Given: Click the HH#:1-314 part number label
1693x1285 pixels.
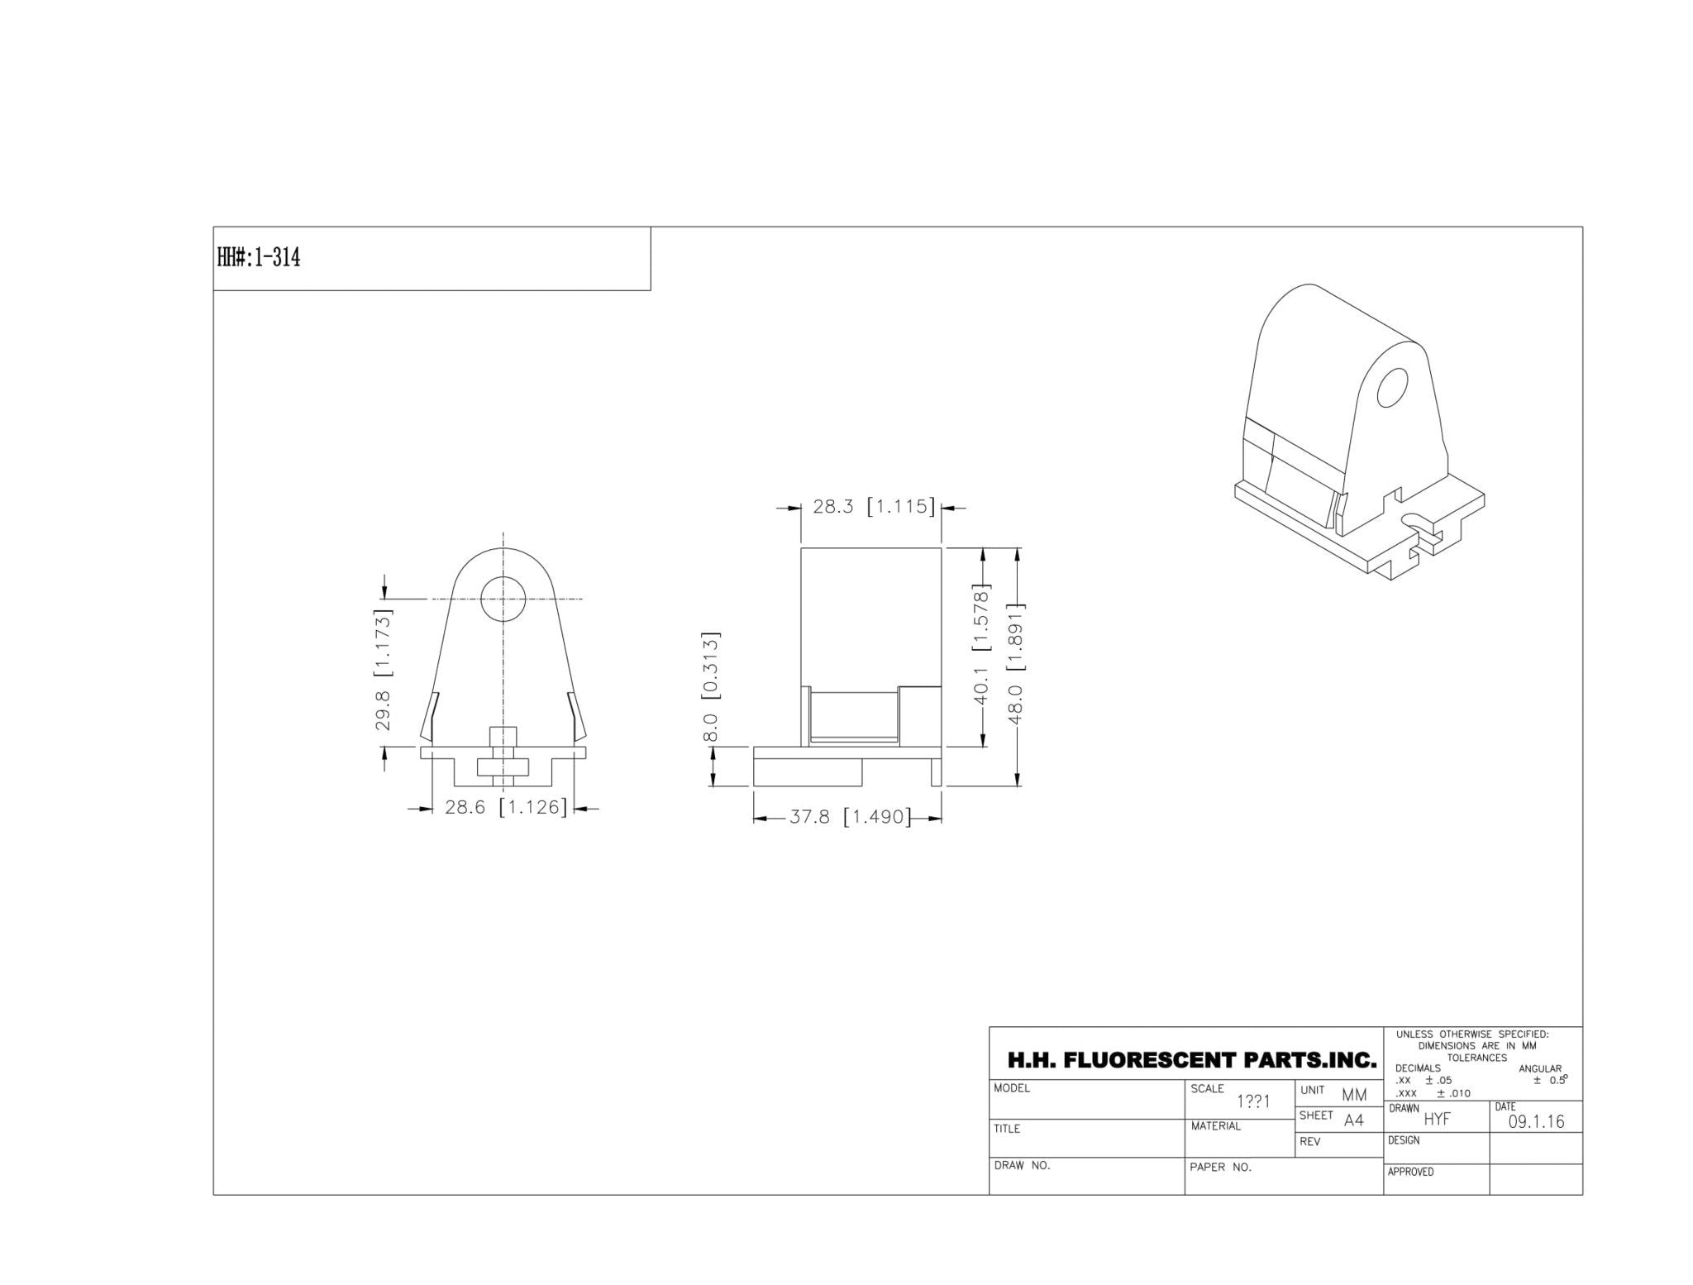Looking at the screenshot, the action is click(x=259, y=257).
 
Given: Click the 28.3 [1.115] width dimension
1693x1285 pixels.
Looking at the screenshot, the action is click(x=874, y=506).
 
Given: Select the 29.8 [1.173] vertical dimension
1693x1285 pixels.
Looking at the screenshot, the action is click(x=384, y=670).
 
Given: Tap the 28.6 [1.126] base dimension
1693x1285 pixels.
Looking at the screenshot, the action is click(x=506, y=807).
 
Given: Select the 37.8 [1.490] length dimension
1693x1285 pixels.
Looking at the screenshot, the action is click(x=850, y=818).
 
